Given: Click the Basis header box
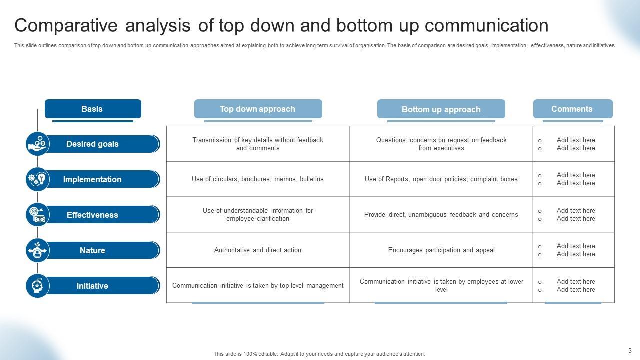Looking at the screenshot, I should tap(93, 109).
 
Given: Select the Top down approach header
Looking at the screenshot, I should tap(258, 109).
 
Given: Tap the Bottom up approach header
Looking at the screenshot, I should tap(441, 109).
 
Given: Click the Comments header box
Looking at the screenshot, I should tap(572, 109).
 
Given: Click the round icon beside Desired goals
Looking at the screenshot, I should tap(37, 144).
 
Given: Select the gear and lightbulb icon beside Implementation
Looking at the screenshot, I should tap(37, 179).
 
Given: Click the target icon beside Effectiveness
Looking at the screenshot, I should tap(37, 215).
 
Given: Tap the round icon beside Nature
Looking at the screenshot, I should tap(37, 250).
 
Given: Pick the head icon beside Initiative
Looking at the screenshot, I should tap(37, 286).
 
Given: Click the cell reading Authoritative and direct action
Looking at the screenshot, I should tap(258, 250).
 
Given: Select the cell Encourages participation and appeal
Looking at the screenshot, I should tap(441, 250).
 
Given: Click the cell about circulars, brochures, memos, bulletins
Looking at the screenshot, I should tap(258, 179).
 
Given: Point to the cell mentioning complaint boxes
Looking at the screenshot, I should tap(441, 179).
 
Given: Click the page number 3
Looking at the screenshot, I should tap(630, 350).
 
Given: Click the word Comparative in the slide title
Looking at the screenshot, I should tap(67, 25).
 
